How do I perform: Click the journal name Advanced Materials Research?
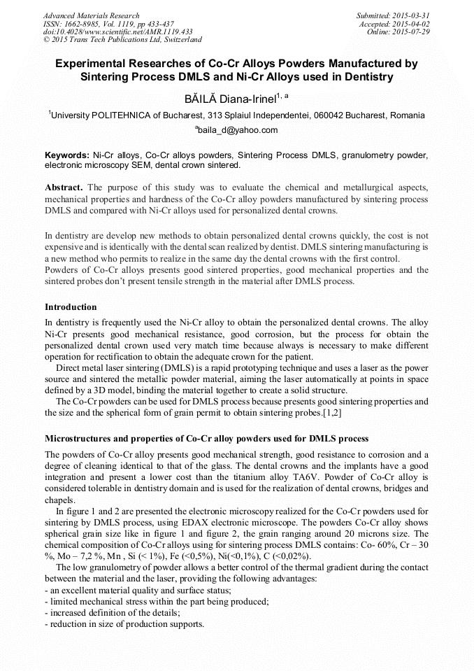(91, 15)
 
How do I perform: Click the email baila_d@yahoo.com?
(237, 130)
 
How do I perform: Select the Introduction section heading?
(71, 307)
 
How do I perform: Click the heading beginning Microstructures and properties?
(206, 439)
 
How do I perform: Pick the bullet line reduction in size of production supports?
(124, 623)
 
